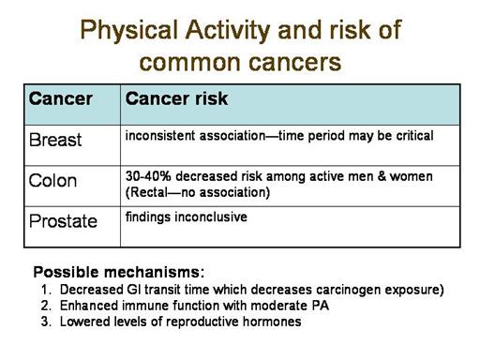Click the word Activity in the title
[228, 31]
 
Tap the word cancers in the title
[295, 63]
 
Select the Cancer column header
[60, 98]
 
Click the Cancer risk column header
[176, 98]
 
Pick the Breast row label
[55, 140]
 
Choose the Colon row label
[52, 181]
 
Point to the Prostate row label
[63, 221]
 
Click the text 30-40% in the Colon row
[148, 176]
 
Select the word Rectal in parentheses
[148, 192]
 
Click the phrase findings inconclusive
[187, 217]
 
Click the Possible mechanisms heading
[119, 272]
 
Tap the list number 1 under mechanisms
[46, 290]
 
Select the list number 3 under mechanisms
[46, 322]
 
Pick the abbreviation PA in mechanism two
[321, 306]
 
